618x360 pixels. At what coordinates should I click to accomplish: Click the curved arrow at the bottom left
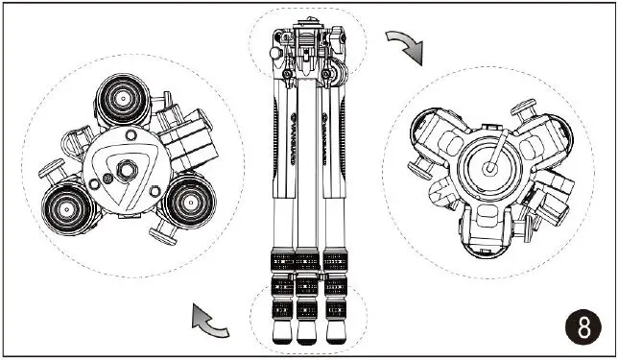coord(210,320)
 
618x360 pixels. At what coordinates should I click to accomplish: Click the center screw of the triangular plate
coord(125,171)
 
